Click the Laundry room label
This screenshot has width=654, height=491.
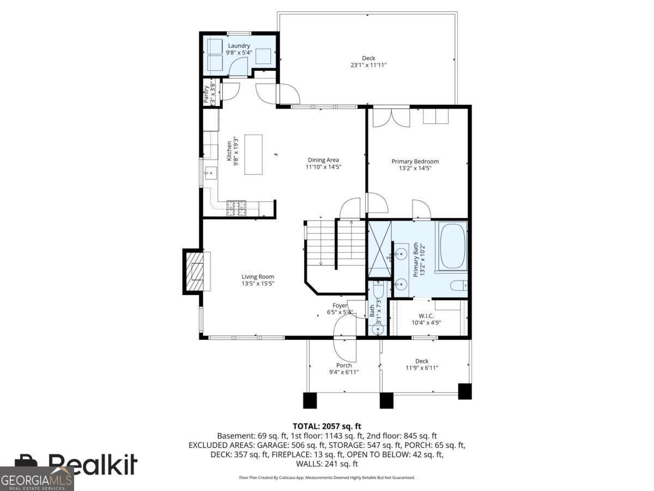point(239,46)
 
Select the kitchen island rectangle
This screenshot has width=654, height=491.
point(253,154)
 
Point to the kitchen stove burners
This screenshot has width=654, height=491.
point(235,206)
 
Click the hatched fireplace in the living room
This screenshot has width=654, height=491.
point(195,271)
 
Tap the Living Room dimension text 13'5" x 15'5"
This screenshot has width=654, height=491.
point(258,284)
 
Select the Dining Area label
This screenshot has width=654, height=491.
point(323,160)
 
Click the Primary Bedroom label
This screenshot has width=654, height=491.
point(415,161)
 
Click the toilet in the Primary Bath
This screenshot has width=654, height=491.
point(457,285)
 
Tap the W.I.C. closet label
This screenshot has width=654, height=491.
point(426,315)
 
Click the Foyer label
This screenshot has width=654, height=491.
point(340,306)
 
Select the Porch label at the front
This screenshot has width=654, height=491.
point(343,366)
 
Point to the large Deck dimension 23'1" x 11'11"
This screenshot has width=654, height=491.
point(368,65)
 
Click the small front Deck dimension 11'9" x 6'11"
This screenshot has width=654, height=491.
point(422,368)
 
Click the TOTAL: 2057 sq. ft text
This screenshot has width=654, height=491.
point(327,426)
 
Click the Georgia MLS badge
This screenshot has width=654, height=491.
point(37,479)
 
